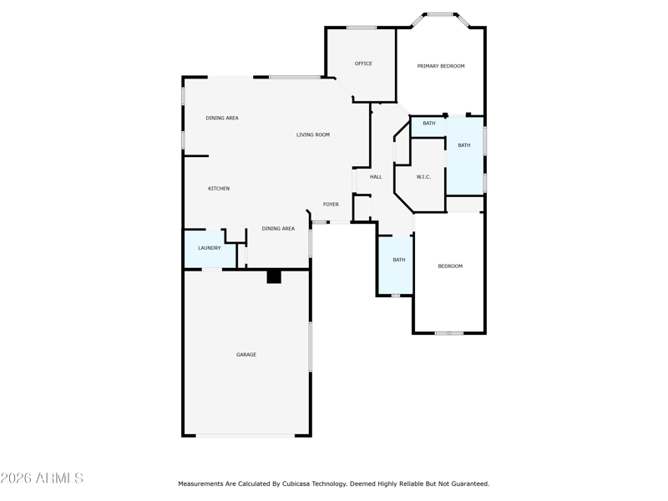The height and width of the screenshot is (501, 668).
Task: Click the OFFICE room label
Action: pos(363,63)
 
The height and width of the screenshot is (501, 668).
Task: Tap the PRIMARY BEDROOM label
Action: pos(441,66)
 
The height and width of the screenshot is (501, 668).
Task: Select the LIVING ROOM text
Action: pos(313,134)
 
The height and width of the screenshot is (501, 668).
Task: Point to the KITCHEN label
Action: pos(219,189)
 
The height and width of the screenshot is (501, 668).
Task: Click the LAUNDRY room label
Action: pos(210,248)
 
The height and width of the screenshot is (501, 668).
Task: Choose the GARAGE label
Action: pos(246,354)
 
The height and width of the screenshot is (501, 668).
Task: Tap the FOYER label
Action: pos(331,205)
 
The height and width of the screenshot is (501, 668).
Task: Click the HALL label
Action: pos(376,177)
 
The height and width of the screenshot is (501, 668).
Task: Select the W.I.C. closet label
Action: pos(423,177)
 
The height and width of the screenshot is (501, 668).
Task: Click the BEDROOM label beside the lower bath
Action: pos(450,266)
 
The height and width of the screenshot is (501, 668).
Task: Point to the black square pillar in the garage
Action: pos(274,276)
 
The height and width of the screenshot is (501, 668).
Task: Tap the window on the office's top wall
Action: pos(362,28)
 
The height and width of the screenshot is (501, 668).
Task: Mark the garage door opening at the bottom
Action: pos(245,435)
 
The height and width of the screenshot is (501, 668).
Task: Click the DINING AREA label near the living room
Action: pos(222,118)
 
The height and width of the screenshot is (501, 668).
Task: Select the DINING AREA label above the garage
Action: pos(278,229)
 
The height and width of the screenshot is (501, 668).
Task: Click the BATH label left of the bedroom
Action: pos(399,260)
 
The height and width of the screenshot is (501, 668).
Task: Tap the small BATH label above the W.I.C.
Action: pos(429,123)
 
